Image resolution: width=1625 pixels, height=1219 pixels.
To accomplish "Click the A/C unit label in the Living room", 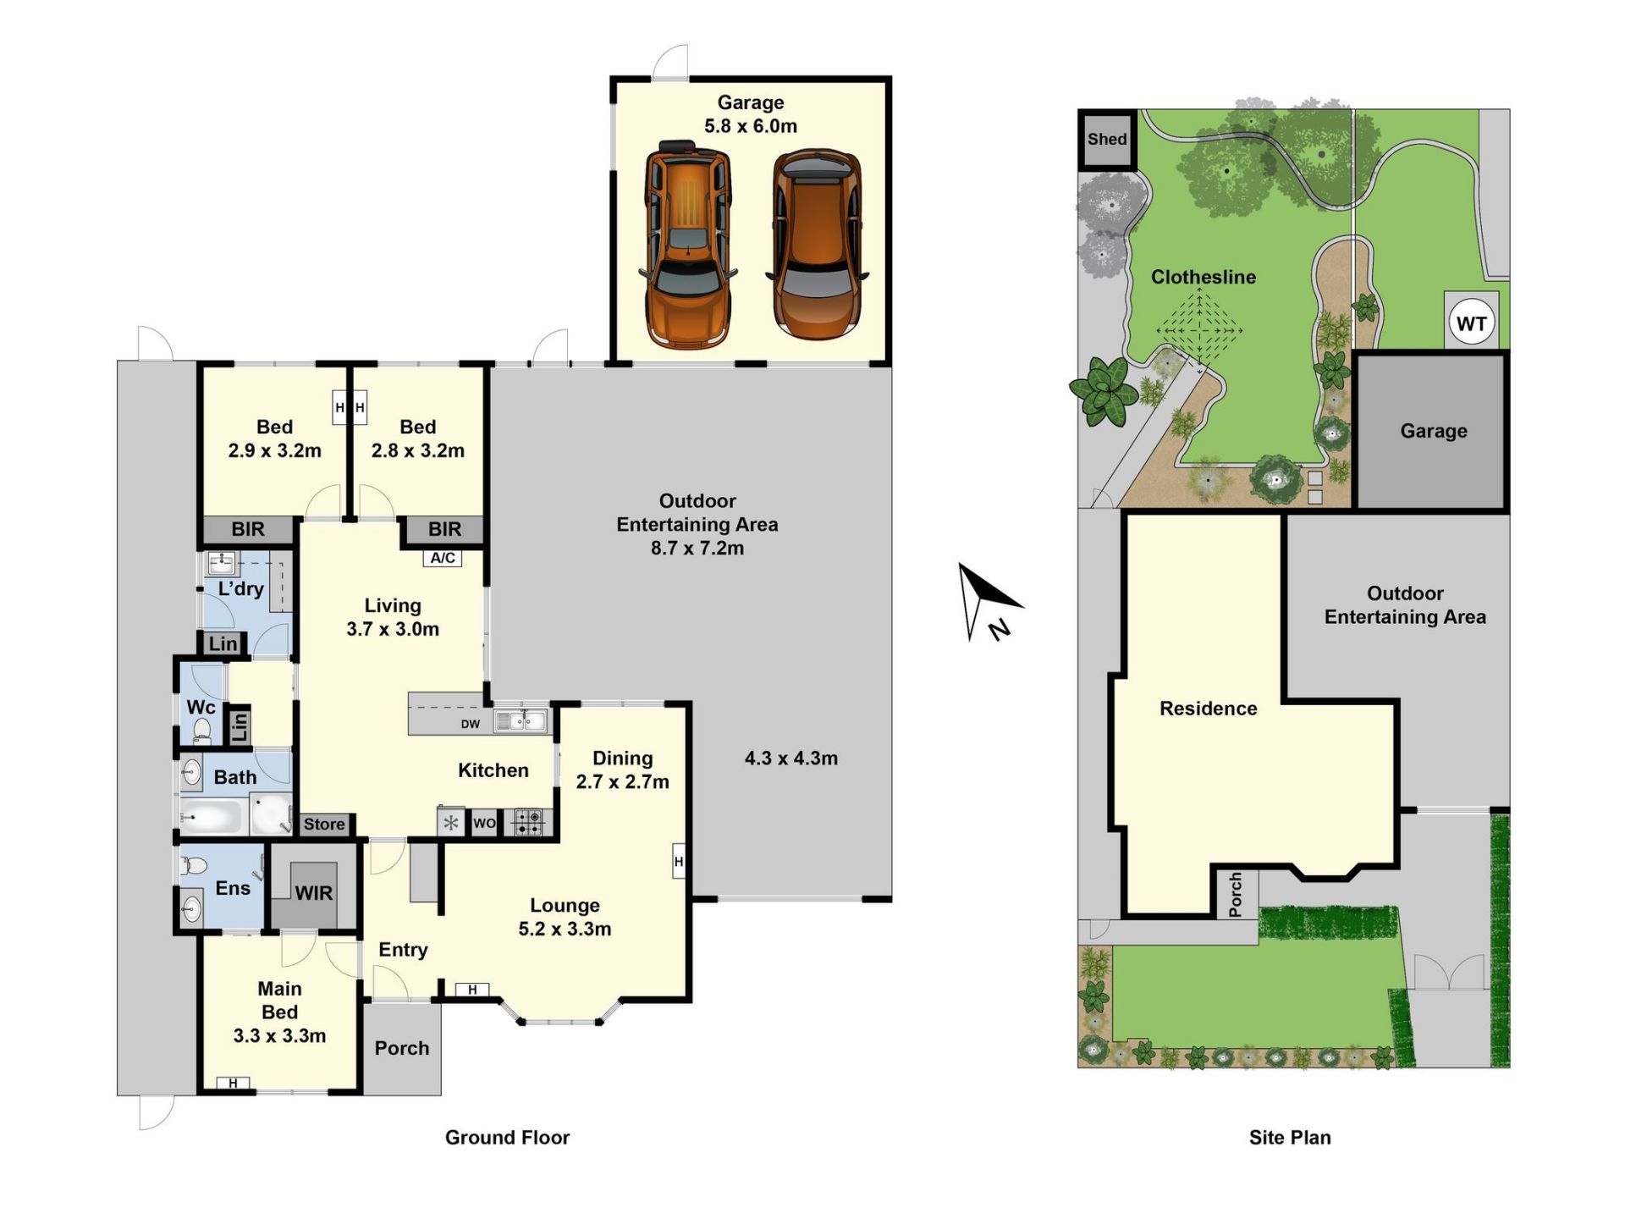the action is click(443, 558).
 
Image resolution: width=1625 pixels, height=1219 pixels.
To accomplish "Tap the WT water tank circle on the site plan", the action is click(1471, 323).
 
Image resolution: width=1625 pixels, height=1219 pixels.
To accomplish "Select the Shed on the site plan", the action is click(1107, 139).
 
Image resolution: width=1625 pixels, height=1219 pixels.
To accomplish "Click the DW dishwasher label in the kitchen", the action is click(471, 724).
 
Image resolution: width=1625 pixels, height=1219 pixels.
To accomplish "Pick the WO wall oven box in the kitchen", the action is click(484, 823).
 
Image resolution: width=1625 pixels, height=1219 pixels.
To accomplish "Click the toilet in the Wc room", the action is click(201, 730).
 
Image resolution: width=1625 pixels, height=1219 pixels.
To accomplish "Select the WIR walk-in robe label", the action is click(314, 893).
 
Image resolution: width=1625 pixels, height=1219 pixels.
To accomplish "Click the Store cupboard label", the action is click(324, 824).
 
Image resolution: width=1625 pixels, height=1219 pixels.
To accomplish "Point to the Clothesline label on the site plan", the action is click(1204, 277).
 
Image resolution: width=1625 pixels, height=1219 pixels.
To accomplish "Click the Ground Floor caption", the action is click(508, 1137).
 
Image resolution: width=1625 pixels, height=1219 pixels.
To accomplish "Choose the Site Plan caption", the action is click(1290, 1137).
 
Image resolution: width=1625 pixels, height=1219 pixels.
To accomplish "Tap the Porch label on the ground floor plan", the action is click(402, 1048).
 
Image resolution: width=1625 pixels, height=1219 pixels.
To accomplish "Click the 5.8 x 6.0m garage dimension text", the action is click(751, 126).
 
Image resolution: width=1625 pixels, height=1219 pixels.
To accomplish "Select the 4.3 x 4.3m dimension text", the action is click(791, 758).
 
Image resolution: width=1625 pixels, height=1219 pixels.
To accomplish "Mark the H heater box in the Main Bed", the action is click(233, 1083).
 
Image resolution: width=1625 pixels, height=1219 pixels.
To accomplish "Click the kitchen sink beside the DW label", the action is click(521, 720).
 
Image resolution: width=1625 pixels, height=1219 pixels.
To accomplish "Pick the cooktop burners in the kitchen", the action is click(529, 823).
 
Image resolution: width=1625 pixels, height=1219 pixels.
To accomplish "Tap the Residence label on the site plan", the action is click(1208, 709).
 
